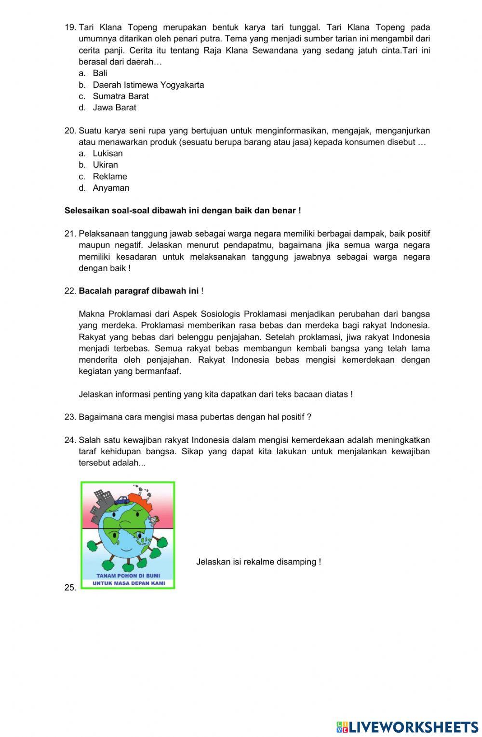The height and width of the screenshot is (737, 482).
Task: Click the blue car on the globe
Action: [x=122, y=500]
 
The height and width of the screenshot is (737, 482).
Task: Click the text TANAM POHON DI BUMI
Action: [x=128, y=576]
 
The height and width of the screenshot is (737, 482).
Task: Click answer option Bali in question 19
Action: [x=100, y=73]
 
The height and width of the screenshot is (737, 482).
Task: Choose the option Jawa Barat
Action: [x=114, y=107]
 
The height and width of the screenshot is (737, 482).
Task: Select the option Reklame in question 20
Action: [x=110, y=176]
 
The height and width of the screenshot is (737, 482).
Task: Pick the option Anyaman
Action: [x=111, y=188]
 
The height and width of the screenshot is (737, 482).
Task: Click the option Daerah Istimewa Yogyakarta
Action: [x=148, y=85]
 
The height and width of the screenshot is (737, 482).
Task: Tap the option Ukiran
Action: [x=105, y=165]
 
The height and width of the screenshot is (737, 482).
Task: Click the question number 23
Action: [x=70, y=417]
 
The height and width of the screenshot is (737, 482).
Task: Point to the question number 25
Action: [x=70, y=587]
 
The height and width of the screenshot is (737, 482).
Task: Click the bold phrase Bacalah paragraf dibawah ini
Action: [x=138, y=291]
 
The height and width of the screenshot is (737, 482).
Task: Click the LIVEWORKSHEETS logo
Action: [x=407, y=726]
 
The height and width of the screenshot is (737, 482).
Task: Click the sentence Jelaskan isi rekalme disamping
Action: [x=258, y=562]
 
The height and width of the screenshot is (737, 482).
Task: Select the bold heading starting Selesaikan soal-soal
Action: [x=183, y=211]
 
